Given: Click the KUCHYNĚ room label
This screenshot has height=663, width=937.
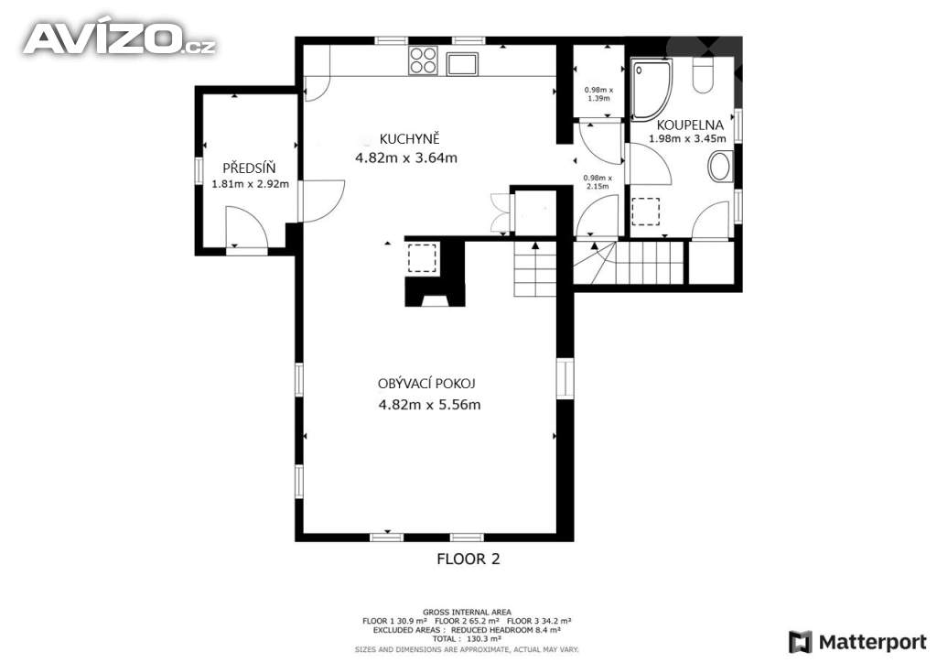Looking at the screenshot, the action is coord(409,139).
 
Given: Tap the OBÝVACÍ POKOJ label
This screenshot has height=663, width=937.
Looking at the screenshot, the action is coord(426,384).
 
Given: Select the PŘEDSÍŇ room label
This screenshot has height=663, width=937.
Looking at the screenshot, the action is coord(249,168).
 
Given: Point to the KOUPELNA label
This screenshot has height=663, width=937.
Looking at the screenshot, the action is coord(690,125).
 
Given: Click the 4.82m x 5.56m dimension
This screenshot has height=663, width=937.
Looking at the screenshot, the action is coord(430,405).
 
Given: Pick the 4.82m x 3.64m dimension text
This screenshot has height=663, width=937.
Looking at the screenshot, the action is coord(406,158).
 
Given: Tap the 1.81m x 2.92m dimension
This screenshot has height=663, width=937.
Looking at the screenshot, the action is coord(251,184).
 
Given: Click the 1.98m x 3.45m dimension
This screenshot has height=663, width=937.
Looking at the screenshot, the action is coord(688,138).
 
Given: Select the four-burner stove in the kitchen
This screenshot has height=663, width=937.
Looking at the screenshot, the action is coord(423,60).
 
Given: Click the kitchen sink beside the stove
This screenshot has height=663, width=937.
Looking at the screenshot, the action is coord(462,63).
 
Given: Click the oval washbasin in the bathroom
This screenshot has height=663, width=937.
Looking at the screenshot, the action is coord(721,166).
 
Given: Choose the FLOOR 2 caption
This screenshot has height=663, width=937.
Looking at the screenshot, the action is coord(468,559).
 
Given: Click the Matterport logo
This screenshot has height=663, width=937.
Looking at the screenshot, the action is coord(858,642).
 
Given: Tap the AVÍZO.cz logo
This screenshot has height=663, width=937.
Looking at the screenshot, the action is coord(120,39).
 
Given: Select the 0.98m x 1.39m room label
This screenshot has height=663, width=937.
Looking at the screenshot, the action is coord(598,93).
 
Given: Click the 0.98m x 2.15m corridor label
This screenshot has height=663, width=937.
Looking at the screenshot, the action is coord(598,181).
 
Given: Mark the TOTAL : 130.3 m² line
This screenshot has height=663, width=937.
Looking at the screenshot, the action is coord(468,638).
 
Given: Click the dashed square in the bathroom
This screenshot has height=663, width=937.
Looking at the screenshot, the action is coord(646,212).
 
